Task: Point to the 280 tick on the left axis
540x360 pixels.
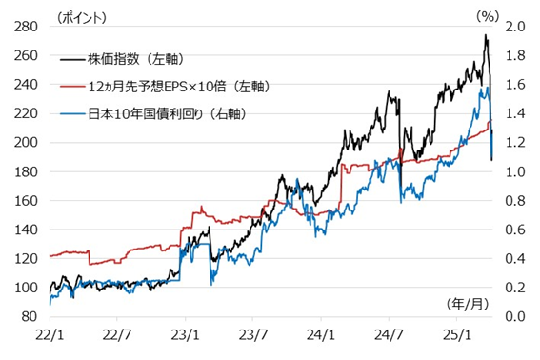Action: tap(26, 27)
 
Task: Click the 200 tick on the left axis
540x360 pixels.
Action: tap(26, 143)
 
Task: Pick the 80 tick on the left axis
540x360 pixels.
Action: tap(30, 316)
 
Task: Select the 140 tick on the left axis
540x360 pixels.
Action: tap(26, 230)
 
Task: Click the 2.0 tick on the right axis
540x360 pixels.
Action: tap(515, 27)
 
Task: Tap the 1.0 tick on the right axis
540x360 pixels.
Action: tap(515, 171)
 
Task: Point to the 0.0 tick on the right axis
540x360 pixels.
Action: tap(515, 316)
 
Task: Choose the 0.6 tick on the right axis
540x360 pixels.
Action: tap(515, 230)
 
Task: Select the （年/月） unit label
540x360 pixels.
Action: tap(470, 302)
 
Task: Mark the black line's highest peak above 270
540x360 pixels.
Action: tap(486, 36)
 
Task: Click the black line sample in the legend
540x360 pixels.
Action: tap(71, 58)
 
